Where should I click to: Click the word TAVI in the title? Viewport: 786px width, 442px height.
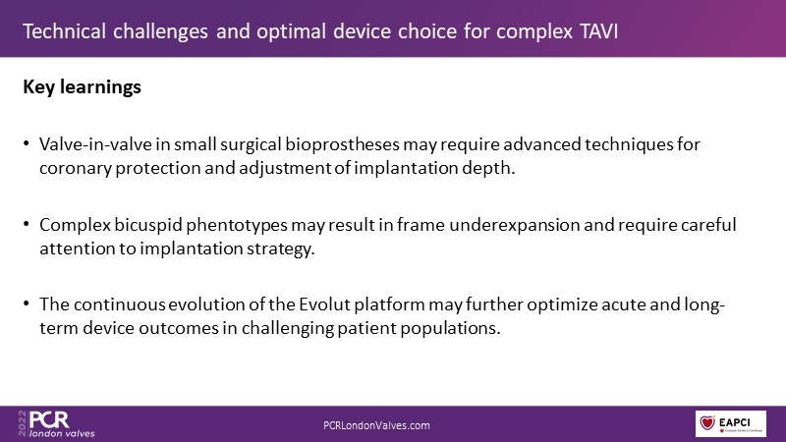(598, 31)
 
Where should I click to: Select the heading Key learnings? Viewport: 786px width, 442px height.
(83, 87)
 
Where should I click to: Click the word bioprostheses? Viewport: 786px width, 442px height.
(342, 144)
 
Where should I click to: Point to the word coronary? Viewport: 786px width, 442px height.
(76, 168)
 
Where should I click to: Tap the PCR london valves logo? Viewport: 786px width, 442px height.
(56, 424)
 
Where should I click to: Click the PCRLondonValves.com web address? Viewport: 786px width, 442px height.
(376, 425)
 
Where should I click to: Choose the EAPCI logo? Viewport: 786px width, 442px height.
(731, 423)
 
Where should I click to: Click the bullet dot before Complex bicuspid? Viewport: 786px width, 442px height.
(27, 224)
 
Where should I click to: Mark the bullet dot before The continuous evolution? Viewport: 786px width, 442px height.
(27, 304)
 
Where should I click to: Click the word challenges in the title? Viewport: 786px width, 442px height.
(160, 31)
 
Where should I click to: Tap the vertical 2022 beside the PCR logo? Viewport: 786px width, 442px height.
(22, 423)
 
